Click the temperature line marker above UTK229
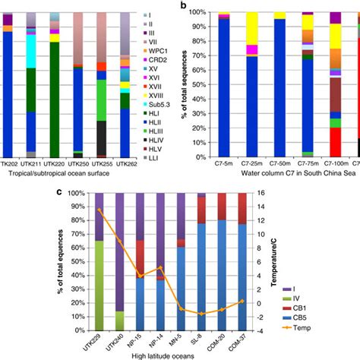(x=99, y=210)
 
